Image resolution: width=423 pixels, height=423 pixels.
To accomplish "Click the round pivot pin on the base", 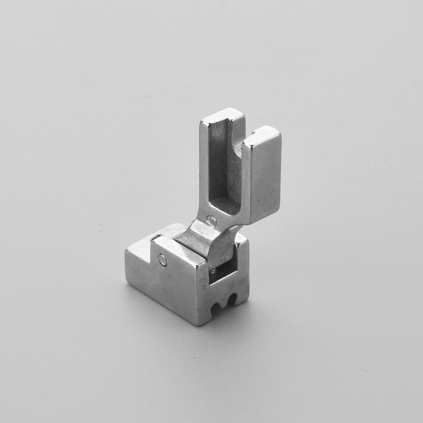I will point(163,260).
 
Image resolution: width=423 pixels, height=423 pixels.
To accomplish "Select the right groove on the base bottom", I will point(231,297).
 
